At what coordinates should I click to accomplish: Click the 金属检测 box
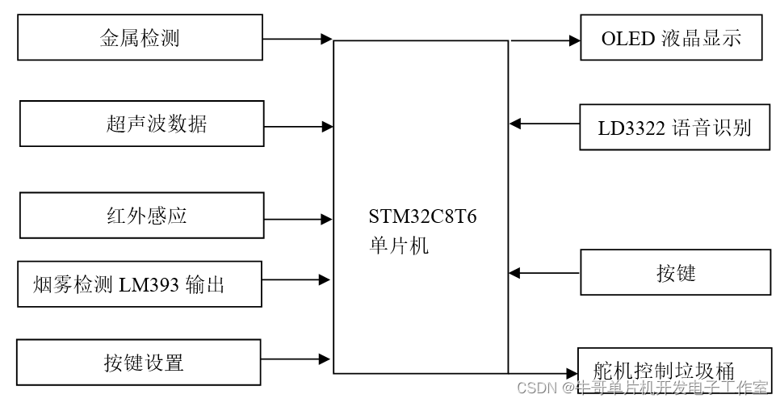[x=140, y=37]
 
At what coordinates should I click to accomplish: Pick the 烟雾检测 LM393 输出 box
[x=140, y=284]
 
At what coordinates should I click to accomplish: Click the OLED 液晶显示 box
[x=670, y=38]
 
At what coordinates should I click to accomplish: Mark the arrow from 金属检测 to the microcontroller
[x=298, y=38]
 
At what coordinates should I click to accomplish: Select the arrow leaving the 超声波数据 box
[x=298, y=125]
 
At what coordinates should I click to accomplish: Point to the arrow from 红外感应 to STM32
[x=298, y=218]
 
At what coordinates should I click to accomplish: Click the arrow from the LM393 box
[x=296, y=280]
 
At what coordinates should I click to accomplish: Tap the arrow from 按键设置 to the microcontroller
[x=296, y=359]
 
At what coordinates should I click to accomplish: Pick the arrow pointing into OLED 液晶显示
[x=544, y=39]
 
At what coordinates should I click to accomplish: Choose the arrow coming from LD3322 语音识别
[x=544, y=124]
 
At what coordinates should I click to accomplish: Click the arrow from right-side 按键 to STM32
[x=544, y=273]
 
